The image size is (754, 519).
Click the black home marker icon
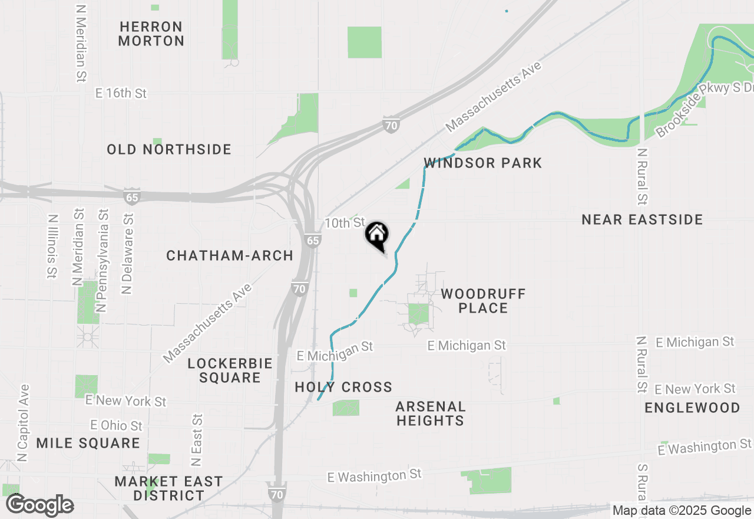click(377, 235)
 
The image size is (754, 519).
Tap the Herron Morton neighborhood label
click(151, 34)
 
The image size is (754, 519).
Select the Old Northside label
click(169, 149)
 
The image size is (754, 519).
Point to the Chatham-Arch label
click(230, 255)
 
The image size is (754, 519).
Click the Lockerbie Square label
click(230, 370)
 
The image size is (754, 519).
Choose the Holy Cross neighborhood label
click(343, 387)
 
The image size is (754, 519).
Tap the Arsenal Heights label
click(431, 413)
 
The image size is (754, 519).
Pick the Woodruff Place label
click(483, 301)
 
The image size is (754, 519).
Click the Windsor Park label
click(482, 163)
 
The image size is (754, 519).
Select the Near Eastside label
click(642, 220)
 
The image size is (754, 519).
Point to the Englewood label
click(692, 408)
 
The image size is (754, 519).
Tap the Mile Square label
click(88, 443)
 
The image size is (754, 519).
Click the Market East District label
click(168, 488)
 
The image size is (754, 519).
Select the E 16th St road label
click(121, 93)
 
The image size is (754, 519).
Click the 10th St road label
click(345, 223)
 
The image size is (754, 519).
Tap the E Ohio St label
click(116, 425)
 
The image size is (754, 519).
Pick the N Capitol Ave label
click(23, 423)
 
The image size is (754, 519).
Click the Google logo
click(39, 505)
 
